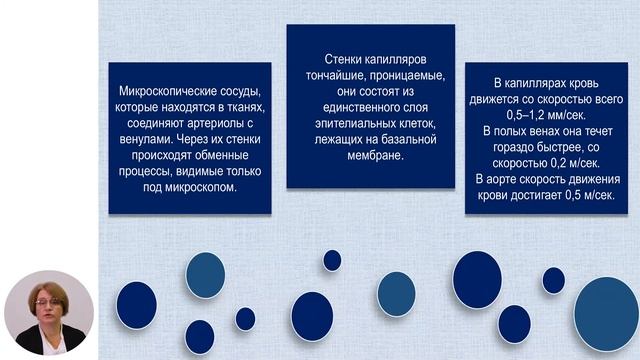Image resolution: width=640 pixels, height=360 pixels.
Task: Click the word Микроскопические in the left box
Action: click(x=153, y=92)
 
